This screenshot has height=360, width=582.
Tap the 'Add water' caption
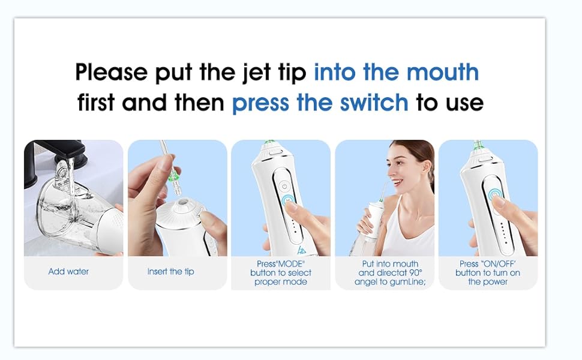[68, 272]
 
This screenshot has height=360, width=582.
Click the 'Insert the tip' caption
[170, 272]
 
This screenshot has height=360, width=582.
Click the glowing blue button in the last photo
[493, 196]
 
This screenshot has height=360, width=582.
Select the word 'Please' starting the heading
[111, 73]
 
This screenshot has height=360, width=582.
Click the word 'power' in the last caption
[495, 282]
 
